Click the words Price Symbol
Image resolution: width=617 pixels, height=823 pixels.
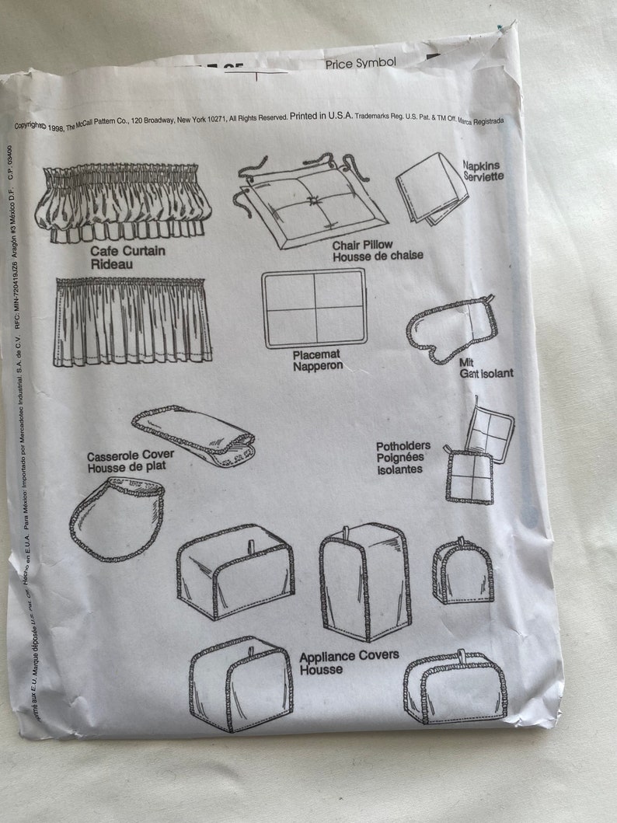361,63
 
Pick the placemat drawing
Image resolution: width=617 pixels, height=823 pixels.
314,309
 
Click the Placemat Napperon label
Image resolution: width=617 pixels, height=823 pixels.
317,360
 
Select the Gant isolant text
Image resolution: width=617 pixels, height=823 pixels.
486,374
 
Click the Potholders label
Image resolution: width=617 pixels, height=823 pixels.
403,447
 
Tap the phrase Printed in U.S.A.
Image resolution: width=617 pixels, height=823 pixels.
321,116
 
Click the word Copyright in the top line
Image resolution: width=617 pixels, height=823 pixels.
30,126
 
